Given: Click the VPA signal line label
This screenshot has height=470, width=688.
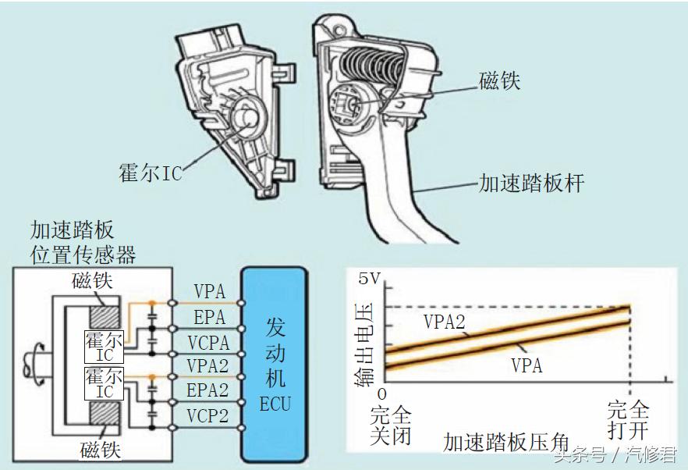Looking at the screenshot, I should click(x=208, y=292).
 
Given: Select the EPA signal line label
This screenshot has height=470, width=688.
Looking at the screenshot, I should click(x=208, y=317).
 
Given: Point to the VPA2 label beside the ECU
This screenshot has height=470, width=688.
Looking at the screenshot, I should click(x=208, y=365).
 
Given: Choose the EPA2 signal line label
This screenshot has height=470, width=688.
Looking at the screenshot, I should click(x=208, y=390).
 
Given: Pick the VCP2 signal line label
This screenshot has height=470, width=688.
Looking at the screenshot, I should click(x=208, y=415).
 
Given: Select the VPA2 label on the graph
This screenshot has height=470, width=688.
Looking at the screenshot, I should click(x=445, y=320).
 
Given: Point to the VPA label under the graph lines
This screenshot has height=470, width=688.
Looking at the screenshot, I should click(x=527, y=365).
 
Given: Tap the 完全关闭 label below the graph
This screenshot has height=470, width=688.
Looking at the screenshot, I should click(x=391, y=424).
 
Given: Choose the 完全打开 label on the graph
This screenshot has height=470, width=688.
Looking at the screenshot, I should click(x=628, y=421).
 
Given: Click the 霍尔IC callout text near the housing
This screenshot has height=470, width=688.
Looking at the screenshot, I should click(x=150, y=172).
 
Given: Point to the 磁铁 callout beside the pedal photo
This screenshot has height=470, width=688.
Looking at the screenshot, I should click(x=499, y=80).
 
